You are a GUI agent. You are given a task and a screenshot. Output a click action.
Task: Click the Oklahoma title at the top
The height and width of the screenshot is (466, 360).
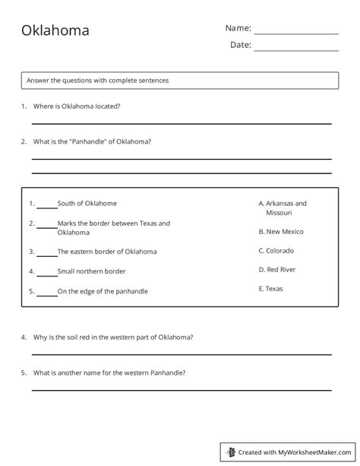click(55, 31)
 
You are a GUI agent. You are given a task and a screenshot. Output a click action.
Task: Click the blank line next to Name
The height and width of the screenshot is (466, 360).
click(296, 33)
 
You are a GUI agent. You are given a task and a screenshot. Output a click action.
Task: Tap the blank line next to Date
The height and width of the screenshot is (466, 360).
click(296, 49)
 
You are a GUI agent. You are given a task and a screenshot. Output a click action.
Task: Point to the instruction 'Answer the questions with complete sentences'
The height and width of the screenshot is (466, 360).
click(98, 80)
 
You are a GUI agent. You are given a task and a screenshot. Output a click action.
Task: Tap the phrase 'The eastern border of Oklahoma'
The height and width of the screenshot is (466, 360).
click(107, 252)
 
